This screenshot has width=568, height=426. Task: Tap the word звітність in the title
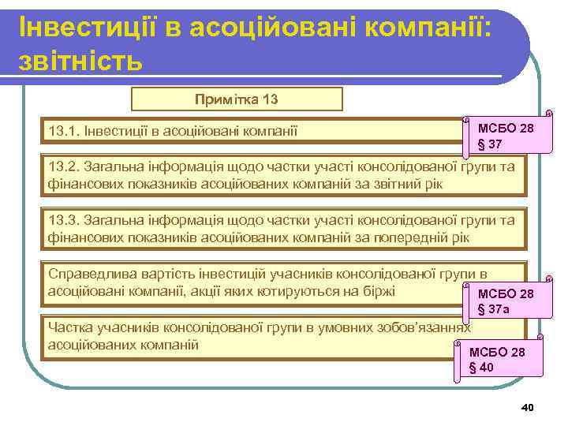point(80,59)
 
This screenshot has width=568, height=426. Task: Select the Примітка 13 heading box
point(237,99)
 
